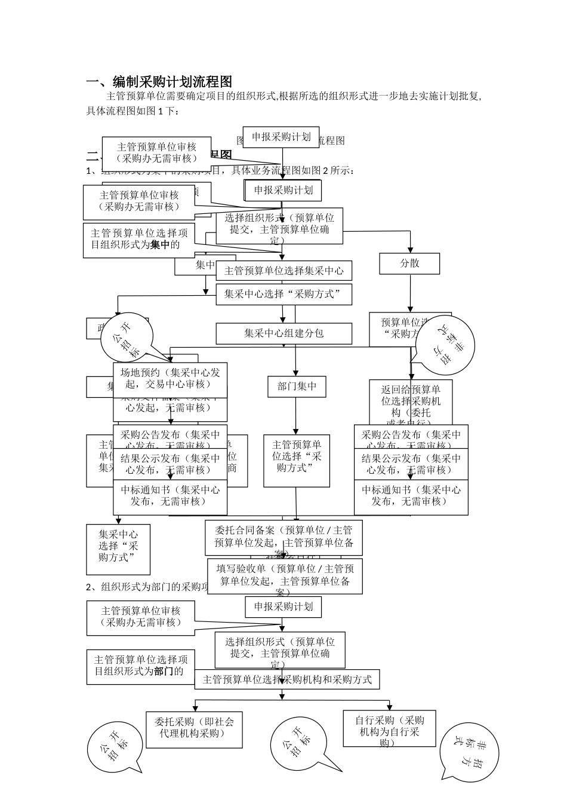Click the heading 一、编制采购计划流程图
(159, 82)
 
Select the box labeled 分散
(409, 263)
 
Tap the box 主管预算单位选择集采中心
(283, 271)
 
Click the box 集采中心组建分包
(283, 333)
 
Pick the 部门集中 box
(297, 387)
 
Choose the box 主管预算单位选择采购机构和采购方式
(286, 679)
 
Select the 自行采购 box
(389, 728)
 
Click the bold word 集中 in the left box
(160, 244)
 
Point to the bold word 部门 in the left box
(164, 672)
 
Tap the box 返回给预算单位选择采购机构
(411, 401)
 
